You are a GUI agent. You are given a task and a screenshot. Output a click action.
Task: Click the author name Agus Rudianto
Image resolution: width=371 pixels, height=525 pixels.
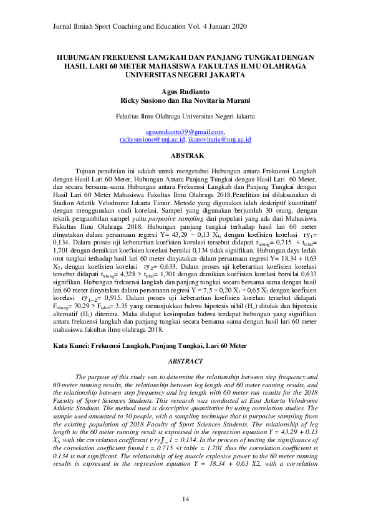[x=185, y=91]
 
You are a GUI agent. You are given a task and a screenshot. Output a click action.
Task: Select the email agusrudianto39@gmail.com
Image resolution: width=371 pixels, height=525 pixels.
[x=185, y=132]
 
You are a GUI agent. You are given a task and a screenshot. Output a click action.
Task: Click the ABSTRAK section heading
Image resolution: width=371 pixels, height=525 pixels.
[x=185, y=155]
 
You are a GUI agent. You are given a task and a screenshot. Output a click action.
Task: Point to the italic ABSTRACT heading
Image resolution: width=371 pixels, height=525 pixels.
[x=185, y=361]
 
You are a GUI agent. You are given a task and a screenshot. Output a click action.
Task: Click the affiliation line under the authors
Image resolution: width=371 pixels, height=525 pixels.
[x=185, y=116]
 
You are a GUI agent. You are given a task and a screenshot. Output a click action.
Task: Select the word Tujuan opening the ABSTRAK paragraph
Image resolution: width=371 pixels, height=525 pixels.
[x=86, y=170]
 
